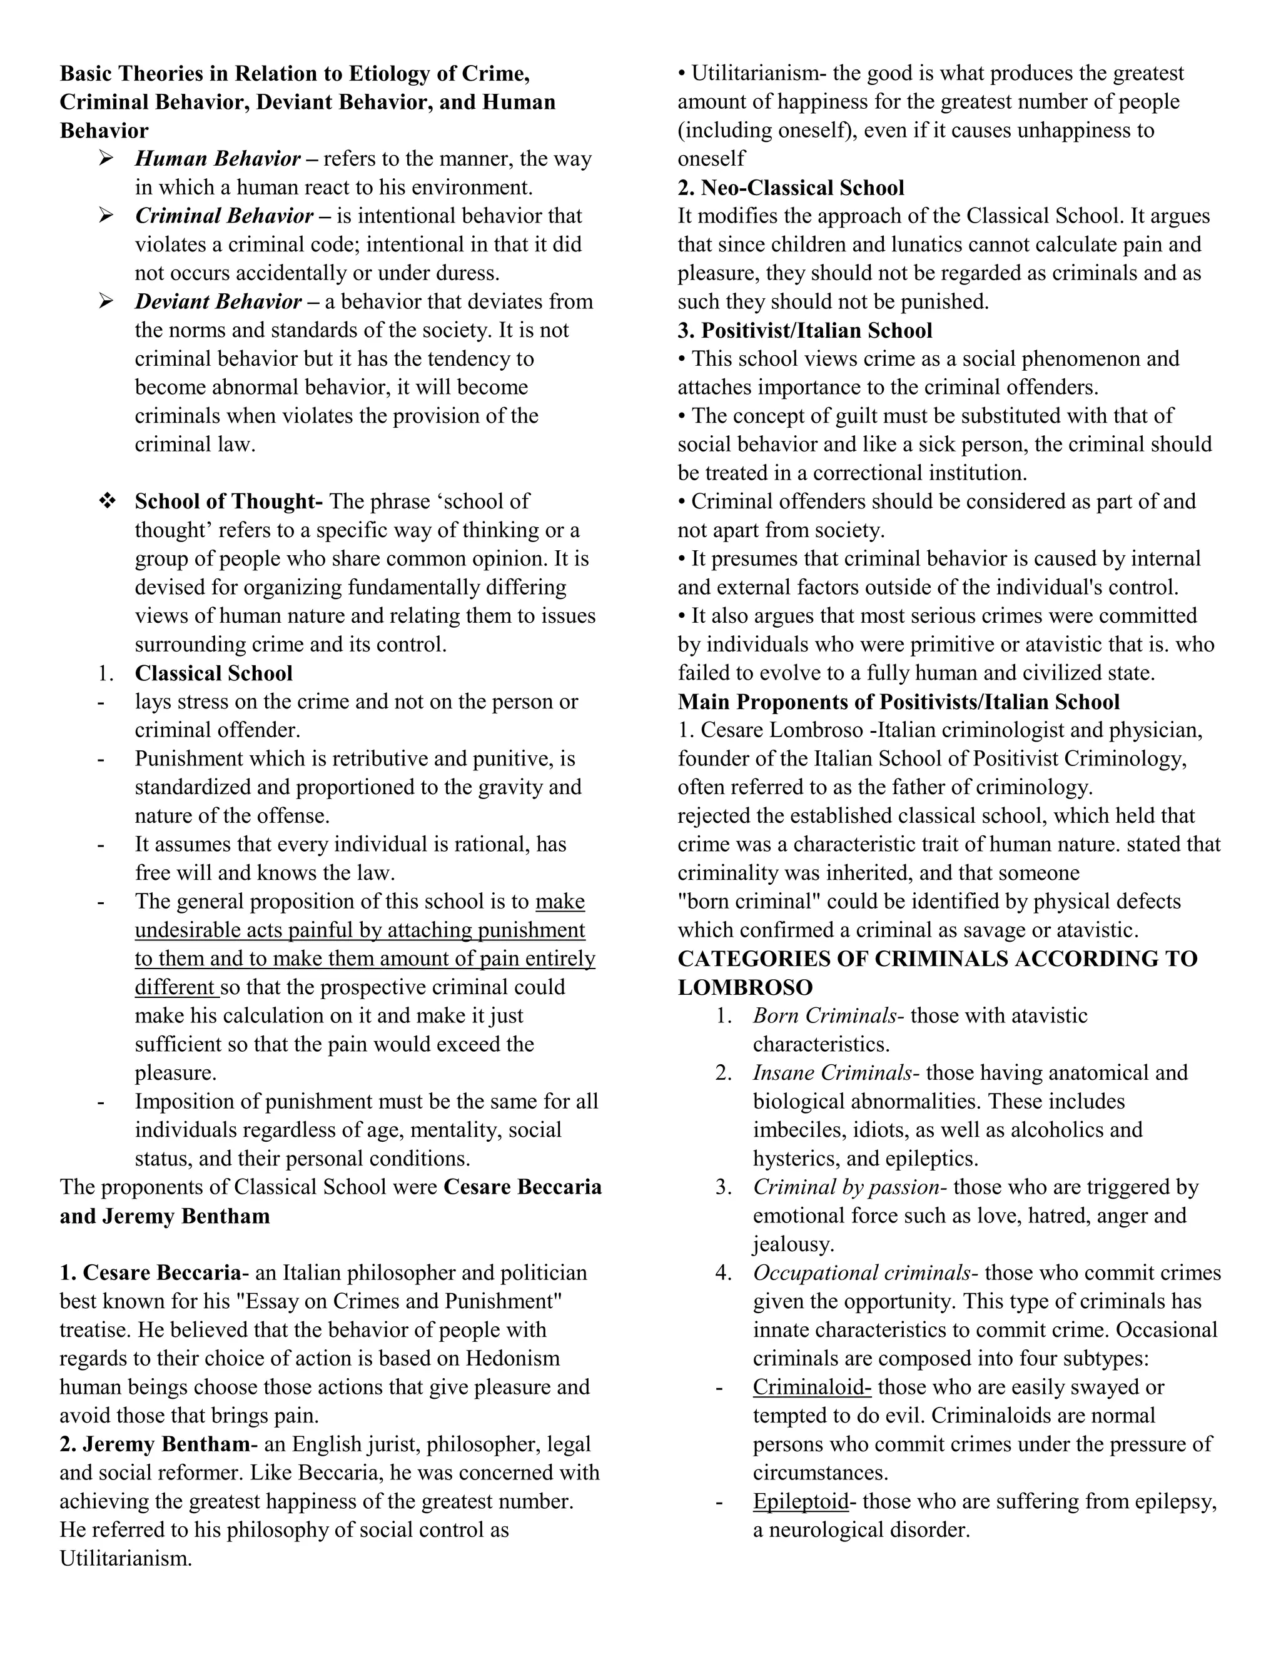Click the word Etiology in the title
(390, 74)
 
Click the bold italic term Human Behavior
(217, 159)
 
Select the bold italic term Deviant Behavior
(218, 301)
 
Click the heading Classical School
(213, 673)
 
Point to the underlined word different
(175, 987)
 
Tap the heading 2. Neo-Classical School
(791, 188)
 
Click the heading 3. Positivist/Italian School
(804, 330)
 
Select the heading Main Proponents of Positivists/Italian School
(899, 702)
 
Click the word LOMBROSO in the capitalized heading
(744, 988)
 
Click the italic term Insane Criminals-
(836, 1073)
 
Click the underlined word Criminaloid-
(811, 1387)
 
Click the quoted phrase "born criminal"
(744, 901)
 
